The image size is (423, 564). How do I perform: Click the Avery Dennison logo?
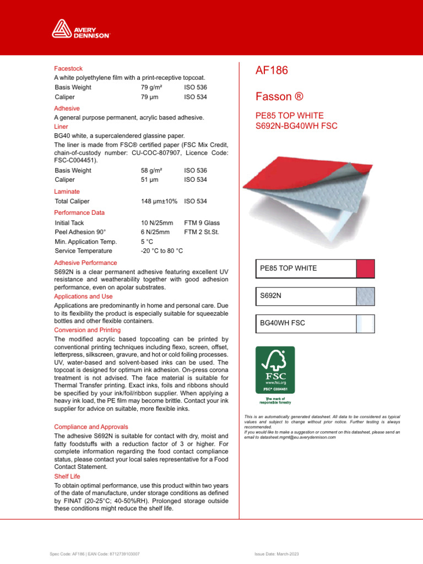pos(81,28)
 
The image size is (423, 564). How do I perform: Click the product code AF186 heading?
pos(272,70)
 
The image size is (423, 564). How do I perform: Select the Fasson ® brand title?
pos(280,97)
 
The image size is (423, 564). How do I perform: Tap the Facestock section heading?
pos(68,68)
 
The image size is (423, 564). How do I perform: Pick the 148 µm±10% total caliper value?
pos(159,202)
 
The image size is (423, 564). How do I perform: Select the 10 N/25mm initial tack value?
pos(157,223)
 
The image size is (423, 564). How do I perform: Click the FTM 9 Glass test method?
pos(202,223)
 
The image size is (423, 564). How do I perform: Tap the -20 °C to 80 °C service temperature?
pos(162,251)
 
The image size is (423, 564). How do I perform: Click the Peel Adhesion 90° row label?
pos(80,232)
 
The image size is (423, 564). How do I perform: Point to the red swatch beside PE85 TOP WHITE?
pos(366,268)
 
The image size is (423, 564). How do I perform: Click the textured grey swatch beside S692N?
pos(366,296)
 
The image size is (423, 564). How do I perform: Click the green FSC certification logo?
pos(275,370)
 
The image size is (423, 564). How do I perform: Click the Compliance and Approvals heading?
pos(91,427)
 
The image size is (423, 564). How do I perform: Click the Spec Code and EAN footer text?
pos(94,552)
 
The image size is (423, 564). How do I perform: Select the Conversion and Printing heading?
pos(86,330)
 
